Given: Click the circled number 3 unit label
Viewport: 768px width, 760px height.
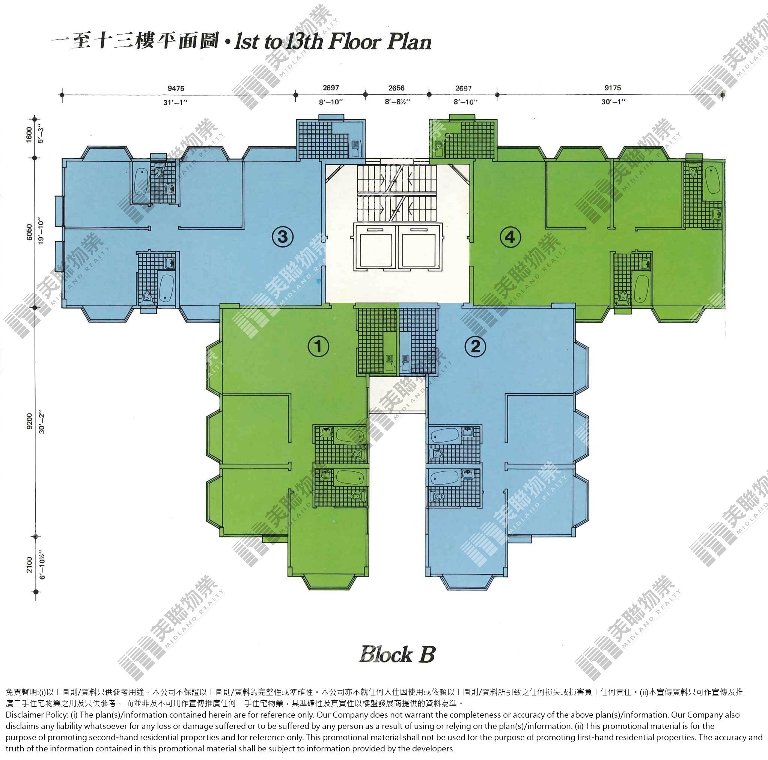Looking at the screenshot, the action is click(x=282, y=237).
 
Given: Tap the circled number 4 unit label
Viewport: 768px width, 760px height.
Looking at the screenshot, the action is click(x=510, y=237).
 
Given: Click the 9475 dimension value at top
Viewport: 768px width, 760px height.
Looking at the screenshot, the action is click(x=176, y=88).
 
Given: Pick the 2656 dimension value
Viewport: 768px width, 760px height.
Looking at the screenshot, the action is click(x=396, y=88).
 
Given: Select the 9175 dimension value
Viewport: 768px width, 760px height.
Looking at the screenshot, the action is click(x=613, y=88).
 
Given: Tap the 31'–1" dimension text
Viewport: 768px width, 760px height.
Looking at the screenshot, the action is click(x=175, y=102).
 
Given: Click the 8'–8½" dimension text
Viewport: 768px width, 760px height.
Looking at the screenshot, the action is click(x=397, y=102).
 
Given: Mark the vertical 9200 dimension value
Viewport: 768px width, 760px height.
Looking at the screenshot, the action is click(x=29, y=421).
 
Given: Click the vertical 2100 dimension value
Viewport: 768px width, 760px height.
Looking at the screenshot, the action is click(x=29, y=564).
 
